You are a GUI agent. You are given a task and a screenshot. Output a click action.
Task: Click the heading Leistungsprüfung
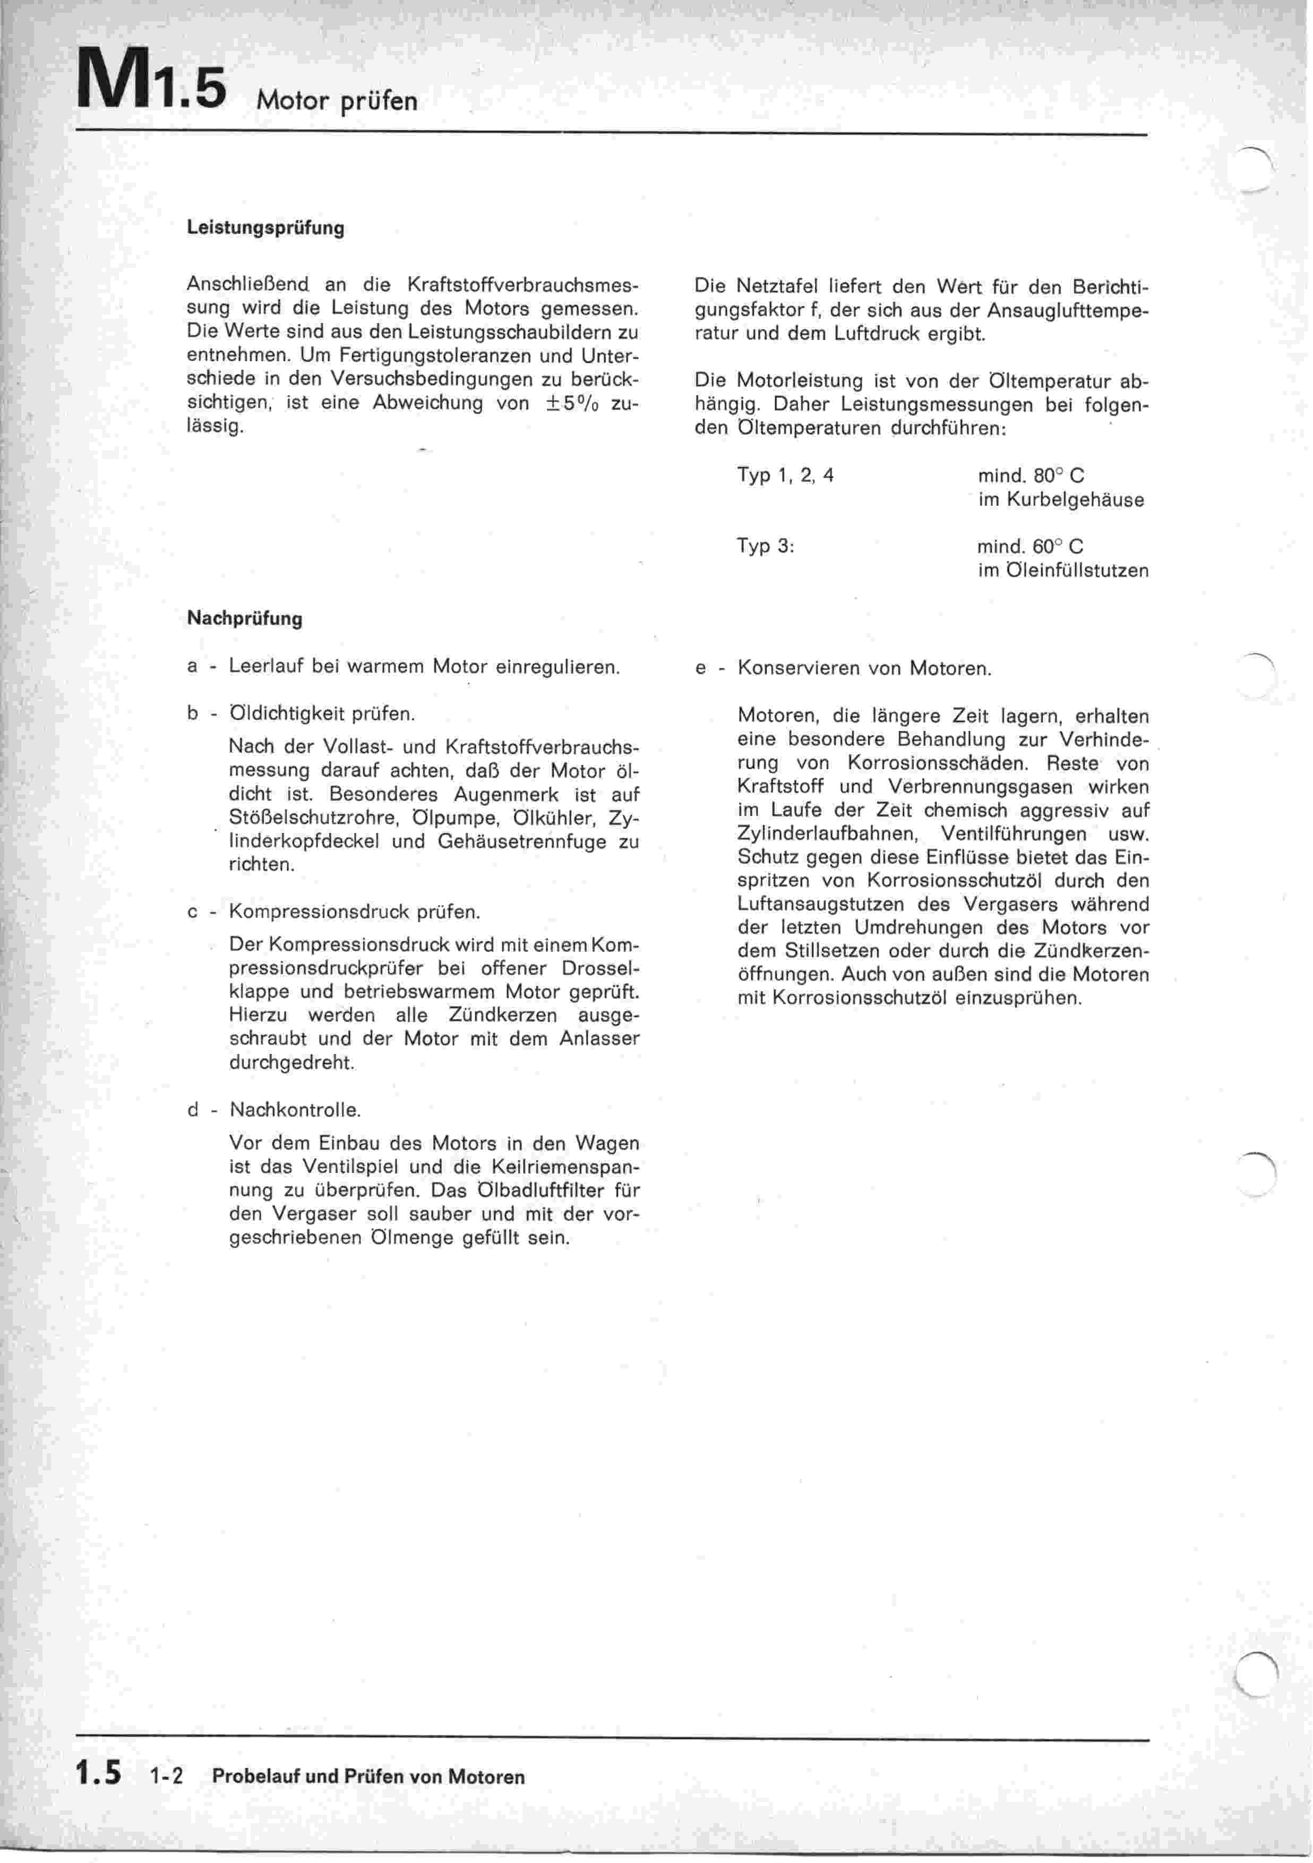pyautogui.click(x=265, y=228)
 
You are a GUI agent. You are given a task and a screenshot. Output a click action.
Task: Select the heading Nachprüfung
pyautogui.click(x=244, y=619)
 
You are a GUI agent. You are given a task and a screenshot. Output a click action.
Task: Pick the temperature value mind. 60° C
pyautogui.click(x=1030, y=546)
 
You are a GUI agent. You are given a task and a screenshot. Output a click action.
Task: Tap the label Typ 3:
pyautogui.click(x=765, y=546)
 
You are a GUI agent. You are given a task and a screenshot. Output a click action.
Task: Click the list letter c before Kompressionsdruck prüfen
pyautogui.click(x=193, y=912)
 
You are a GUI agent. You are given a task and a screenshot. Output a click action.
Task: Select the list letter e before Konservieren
pyautogui.click(x=701, y=669)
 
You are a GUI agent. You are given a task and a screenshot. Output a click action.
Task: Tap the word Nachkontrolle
pyautogui.click(x=295, y=1109)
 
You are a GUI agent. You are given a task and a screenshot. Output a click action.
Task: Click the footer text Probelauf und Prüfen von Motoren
pyautogui.click(x=368, y=1776)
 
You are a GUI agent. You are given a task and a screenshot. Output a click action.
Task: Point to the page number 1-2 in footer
pyautogui.click(x=167, y=1777)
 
